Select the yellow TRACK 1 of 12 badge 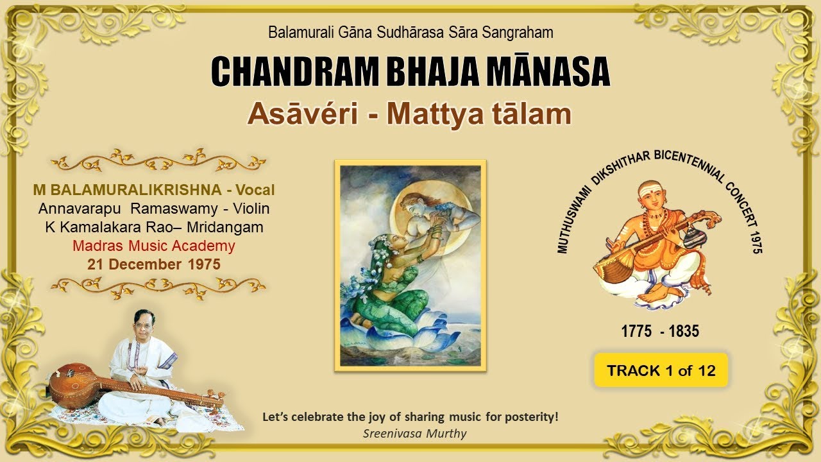pos(661,370)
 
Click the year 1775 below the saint pos(637,332)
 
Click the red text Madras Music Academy pos(154,246)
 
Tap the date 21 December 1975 pos(154,264)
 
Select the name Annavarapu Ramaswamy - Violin pos(154,209)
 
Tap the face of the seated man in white pos(142,324)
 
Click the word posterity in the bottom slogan pos(532,416)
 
